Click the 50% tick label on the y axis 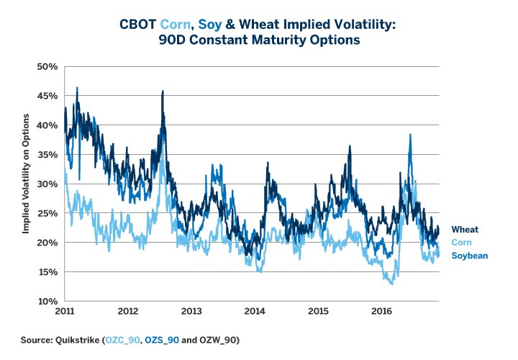point(47,67)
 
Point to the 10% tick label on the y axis point(47,301)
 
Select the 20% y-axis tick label point(47,243)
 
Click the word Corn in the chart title point(204,24)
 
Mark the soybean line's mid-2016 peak point(410,135)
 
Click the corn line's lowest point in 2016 point(392,284)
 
